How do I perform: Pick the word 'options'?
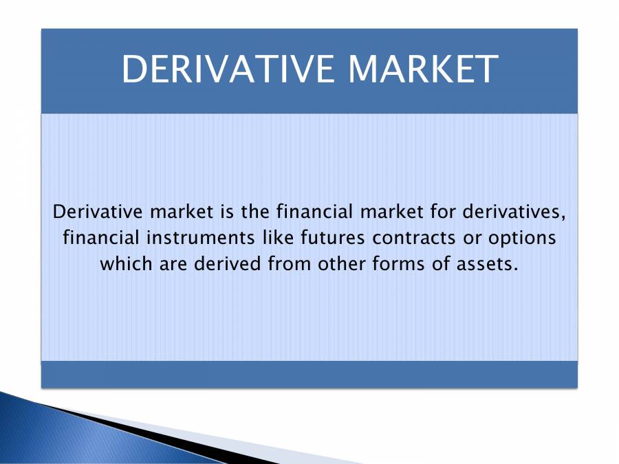pyautogui.click(x=521, y=238)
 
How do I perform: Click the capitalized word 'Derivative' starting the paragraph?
pyautogui.click(x=93, y=212)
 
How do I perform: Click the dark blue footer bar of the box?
pyautogui.click(x=309, y=374)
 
